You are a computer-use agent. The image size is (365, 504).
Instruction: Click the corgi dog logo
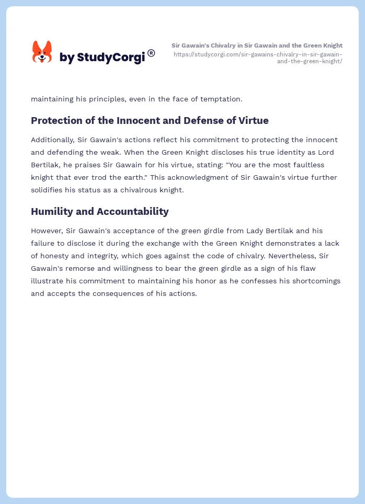pyautogui.click(x=42, y=52)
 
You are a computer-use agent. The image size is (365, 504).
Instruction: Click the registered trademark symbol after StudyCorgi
pyautogui.click(x=151, y=52)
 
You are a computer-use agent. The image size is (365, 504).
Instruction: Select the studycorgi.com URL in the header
pyautogui.click(x=258, y=58)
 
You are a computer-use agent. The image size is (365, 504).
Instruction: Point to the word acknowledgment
pyautogui.click(x=207, y=177)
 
